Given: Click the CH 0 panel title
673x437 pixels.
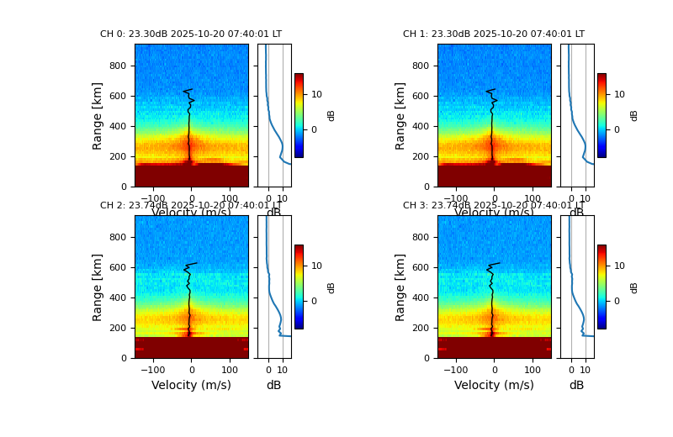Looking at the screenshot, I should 191,34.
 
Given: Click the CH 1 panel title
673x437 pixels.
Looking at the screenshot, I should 494,34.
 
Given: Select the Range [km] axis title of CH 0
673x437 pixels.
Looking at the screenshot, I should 98,115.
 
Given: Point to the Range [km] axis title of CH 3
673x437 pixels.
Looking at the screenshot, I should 401,287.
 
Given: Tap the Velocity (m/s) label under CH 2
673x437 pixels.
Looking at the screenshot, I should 191,386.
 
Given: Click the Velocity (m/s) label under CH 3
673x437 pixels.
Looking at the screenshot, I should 494,386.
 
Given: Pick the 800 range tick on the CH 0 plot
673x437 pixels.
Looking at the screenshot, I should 117,66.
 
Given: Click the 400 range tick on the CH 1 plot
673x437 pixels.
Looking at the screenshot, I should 420,126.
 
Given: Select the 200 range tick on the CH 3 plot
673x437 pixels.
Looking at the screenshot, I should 420,328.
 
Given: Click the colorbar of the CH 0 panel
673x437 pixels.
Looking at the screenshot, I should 299,115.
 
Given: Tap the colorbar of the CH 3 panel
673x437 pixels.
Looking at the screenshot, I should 601,287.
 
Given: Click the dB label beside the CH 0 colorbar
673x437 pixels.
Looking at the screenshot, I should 331,115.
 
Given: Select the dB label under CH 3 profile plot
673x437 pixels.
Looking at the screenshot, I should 576,386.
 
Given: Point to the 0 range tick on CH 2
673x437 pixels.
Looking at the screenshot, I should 125,358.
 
